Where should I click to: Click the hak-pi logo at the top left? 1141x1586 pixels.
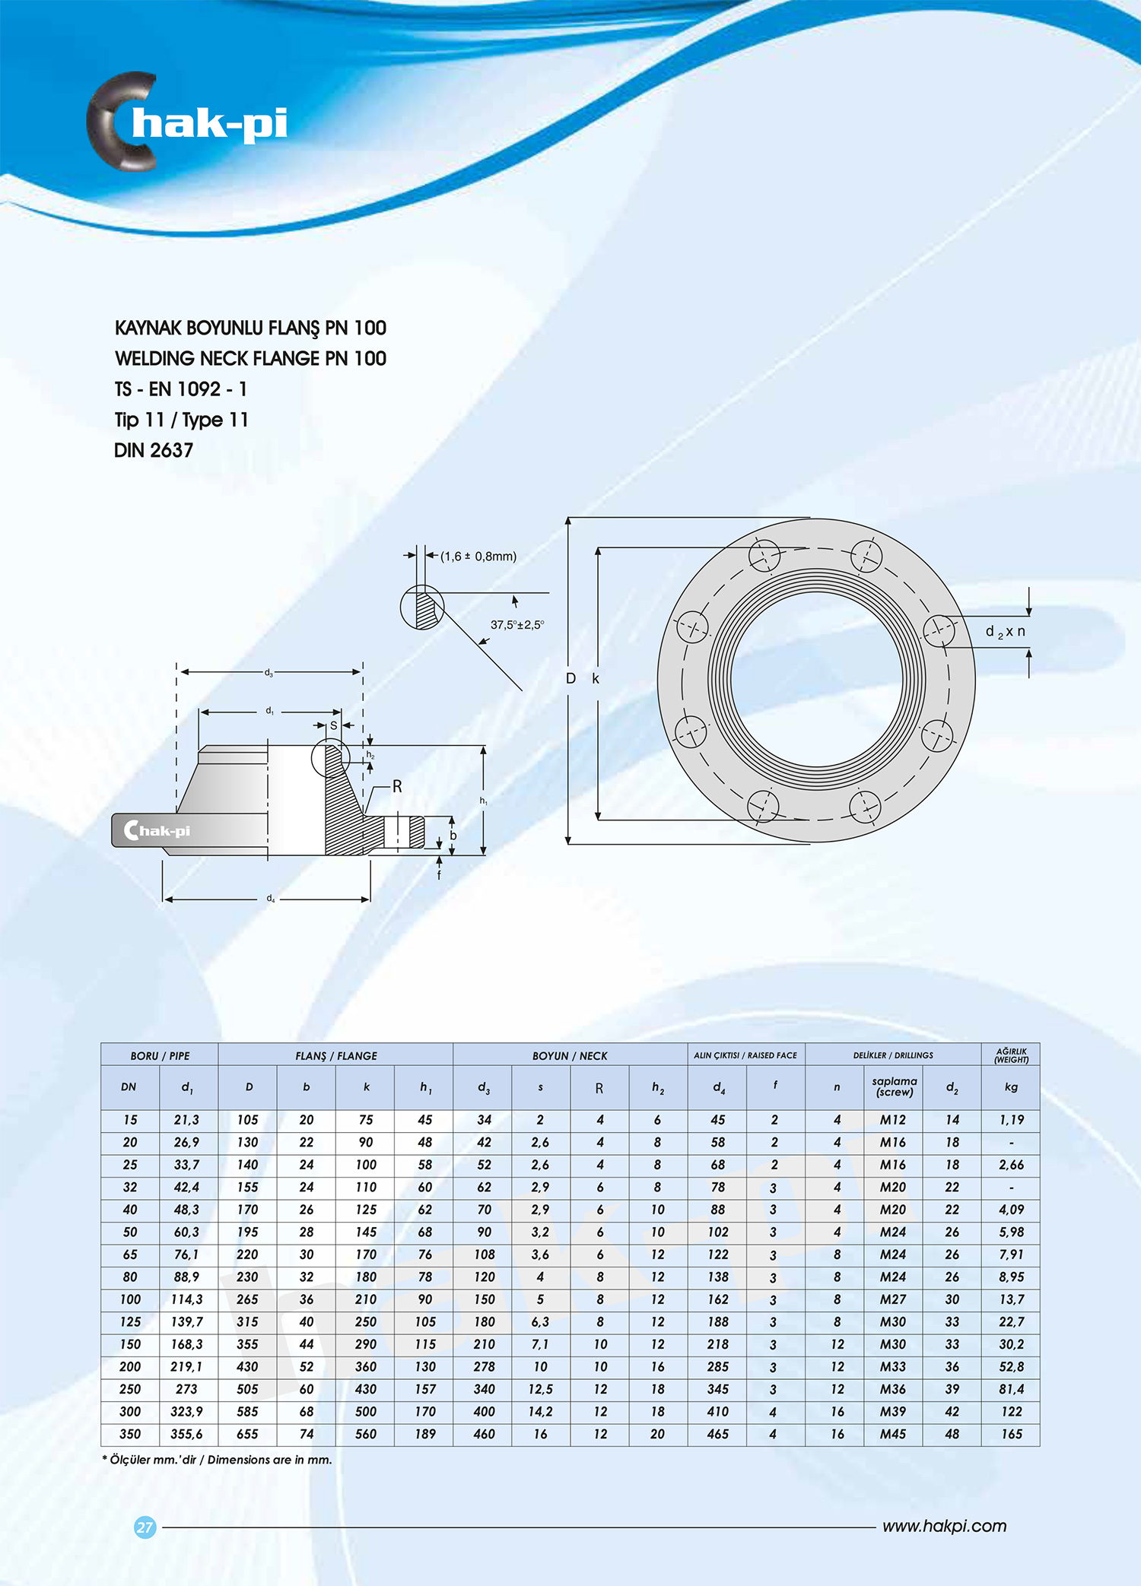pyautogui.click(x=187, y=122)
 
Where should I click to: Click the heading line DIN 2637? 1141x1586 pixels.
pyautogui.click(x=154, y=450)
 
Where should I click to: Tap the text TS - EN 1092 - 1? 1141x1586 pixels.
pyautogui.click(x=181, y=389)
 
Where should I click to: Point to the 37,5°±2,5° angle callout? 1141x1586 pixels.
pyautogui.click(x=516, y=625)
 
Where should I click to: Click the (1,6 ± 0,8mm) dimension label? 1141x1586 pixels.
pyautogui.click(x=478, y=557)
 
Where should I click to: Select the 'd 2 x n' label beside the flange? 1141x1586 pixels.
pyautogui.click(x=1005, y=632)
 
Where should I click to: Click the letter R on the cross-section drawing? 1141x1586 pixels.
pyautogui.click(x=397, y=786)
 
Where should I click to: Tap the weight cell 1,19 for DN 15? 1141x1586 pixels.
pyautogui.click(x=1011, y=1120)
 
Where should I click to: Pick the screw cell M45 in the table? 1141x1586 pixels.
pyautogui.click(x=893, y=1434)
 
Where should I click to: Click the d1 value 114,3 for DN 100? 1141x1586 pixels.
pyautogui.click(x=187, y=1299)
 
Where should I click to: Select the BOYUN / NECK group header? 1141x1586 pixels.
pyautogui.click(x=570, y=1055)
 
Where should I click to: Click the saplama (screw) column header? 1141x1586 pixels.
pyautogui.click(x=894, y=1086)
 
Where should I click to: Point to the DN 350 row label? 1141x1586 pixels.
pyautogui.click(x=130, y=1434)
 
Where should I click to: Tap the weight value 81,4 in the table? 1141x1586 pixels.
pyautogui.click(x=1011, y=1389)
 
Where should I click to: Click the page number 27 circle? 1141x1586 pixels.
pyautogui.click(x=145, y=1527)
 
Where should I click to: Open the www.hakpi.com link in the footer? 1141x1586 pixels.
pyautogui.click(x=944, y=1526)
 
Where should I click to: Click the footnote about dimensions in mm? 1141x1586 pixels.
pyautogui.click(x=218, y=1460)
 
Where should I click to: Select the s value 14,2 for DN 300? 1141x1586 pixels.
pyautogui.click(x=540, y=1412)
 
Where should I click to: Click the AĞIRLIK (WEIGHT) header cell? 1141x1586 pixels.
pyautogui.click(x=1011, y=1055)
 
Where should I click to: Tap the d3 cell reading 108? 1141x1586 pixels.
pyautogui.click(x=485, y=1255)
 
